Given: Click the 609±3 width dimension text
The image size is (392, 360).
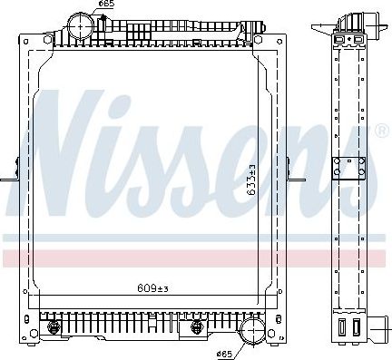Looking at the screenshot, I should [x=152, y=290].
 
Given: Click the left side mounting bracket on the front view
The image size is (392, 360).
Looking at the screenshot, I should [x=10, y=172].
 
